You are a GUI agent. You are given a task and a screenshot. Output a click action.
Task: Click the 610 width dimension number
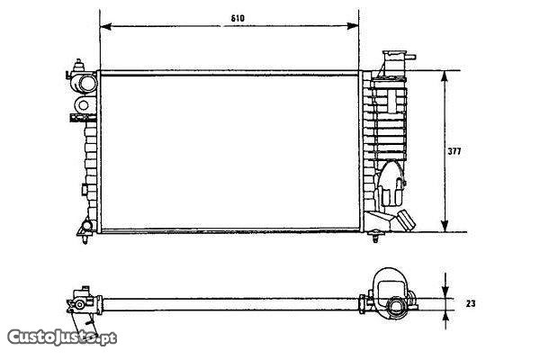click(x=238, y=18)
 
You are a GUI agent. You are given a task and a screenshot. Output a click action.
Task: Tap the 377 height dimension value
click(x=454, y=151)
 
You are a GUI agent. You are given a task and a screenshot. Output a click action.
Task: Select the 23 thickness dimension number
click(x=471, y=303)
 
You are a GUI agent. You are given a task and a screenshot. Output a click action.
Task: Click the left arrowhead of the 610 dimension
click(x=105, y=26)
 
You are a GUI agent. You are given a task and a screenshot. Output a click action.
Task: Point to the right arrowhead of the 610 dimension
click(x=353, y=26)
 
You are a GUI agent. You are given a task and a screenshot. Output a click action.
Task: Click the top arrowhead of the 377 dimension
click(x=445, y=76)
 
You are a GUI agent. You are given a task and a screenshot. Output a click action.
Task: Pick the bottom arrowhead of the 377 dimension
click(x=445, y=226)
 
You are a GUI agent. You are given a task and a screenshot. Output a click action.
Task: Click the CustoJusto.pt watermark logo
click(x=62, y=337)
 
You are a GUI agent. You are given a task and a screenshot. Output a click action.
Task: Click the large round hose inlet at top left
click(x=86, y=84)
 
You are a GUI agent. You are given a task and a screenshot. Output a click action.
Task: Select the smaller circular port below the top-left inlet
click(x=84, y=105)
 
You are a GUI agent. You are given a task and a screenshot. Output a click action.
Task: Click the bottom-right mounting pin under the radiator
click(x=375, y=236)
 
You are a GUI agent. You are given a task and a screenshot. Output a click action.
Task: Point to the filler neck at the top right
click(x=398, y=60)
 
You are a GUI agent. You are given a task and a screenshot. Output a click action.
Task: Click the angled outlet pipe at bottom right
click(x=406, y=220)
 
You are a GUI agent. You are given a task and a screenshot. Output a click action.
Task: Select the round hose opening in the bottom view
click(x=396, y=306)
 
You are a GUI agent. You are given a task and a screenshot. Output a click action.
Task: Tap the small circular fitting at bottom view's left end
click(x=79, y=304)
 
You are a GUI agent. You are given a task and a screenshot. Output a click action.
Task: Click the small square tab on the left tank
click(x=84, y=190)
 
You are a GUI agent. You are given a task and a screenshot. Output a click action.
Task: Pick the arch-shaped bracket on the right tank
click(x=391, y=184)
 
